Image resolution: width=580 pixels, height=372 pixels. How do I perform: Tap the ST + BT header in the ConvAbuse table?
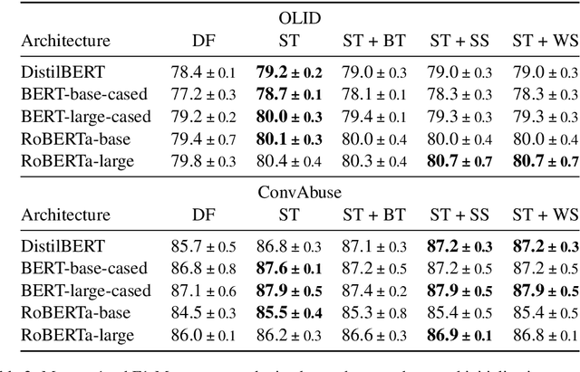(x=373, y=215)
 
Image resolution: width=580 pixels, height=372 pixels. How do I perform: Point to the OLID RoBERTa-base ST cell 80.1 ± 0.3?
(x=288, y=138)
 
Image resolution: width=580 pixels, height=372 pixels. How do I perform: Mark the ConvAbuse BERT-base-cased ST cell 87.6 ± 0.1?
(x=288, y=269)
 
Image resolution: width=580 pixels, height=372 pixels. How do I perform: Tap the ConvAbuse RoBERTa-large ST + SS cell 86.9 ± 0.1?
(x=459, y=334)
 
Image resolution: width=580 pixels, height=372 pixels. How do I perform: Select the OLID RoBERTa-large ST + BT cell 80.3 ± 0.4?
(x=373, y=159)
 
